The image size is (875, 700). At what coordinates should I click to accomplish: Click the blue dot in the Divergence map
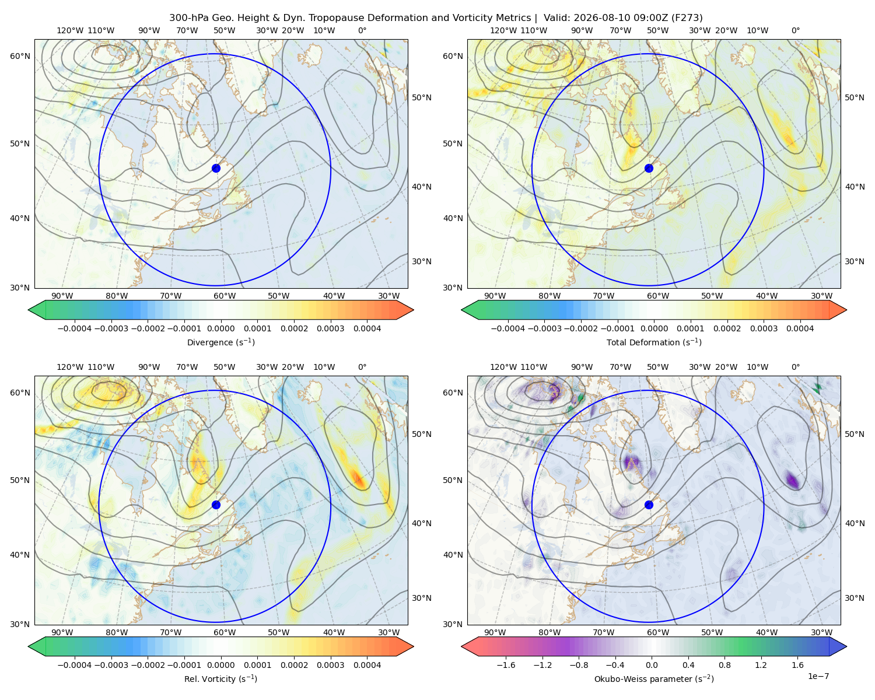tap(216, 168)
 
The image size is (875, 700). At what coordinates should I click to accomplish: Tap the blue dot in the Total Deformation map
tap(649, 168)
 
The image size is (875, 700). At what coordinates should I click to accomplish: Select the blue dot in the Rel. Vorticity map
tap(216, 505)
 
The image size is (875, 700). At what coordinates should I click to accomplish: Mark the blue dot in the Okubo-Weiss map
tap(649, 505)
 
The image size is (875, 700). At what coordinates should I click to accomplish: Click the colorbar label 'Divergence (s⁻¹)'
tap(220, 342)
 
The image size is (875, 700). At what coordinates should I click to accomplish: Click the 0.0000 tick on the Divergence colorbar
tap(220, 328)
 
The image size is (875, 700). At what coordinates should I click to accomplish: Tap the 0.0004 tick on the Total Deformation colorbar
tap(800, 328)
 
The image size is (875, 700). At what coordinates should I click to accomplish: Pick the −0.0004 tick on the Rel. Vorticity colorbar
tap(75, 664)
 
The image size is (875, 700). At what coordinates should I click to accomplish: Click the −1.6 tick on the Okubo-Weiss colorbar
tap(506, 664)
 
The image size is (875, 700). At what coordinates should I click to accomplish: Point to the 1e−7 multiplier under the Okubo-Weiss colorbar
tap(818, 676)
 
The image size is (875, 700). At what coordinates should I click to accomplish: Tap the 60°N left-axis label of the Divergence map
tap(20, 56)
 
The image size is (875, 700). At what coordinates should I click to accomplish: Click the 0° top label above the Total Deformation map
tap(795, 30)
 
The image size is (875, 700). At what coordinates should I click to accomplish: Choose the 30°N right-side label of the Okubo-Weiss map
tap(854, 598)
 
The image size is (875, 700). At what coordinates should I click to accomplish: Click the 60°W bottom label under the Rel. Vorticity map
tap(225, 632)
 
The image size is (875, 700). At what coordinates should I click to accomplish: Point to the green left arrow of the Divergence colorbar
tap(37, 310)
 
